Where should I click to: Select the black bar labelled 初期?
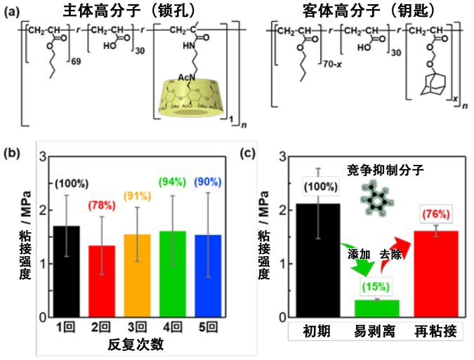pyautogui.click(x=320, y=260)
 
